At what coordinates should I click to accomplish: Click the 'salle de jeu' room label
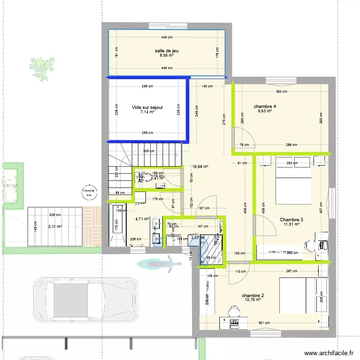(x=167, y=50)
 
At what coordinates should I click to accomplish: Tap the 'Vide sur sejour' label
(x=147, y=108)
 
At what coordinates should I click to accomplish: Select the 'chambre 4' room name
(x=264, y=106)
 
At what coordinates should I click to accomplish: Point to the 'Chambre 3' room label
(x=291, y=219)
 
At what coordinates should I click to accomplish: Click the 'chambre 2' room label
(x=253, y=295)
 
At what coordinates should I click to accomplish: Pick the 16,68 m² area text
(x=200, y=167)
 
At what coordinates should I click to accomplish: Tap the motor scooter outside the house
(x=158, y=263)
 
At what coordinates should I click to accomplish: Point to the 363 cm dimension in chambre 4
(x=281, y=91)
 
